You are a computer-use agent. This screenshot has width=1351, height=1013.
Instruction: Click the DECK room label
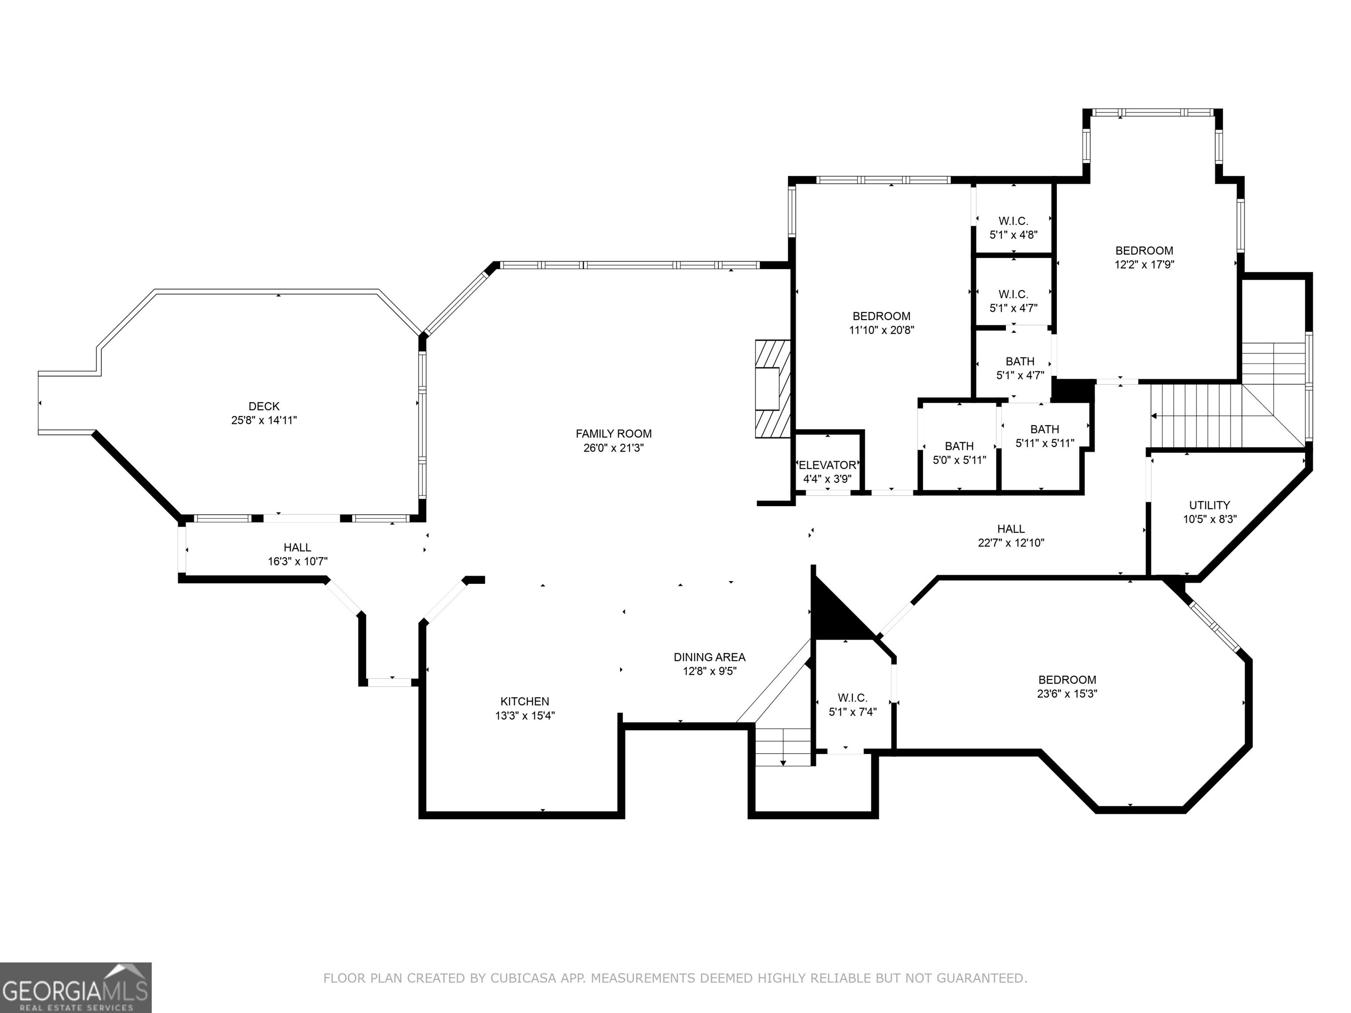click(264, 406)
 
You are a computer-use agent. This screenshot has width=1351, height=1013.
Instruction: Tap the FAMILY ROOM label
click(614, 434)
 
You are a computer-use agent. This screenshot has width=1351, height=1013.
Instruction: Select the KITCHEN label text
click(525, 702)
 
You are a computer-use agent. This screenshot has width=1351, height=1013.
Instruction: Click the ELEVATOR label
click(828, 465)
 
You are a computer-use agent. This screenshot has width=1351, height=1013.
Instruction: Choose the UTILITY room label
click(1209, 505)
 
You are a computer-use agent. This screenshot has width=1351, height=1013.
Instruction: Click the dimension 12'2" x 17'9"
click(1144, 264)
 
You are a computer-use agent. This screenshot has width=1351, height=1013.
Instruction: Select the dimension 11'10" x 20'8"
click(881, 330)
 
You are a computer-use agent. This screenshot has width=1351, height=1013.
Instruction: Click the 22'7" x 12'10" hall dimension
click(1011, 543)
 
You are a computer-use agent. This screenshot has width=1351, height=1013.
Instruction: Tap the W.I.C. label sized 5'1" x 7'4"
click(853, 697)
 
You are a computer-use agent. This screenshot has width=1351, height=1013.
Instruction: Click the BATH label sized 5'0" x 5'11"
click(959, 446)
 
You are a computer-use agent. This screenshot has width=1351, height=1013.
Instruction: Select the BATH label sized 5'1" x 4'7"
click(1020, 361)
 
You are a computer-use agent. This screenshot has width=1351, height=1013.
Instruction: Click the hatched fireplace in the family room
click(773, 389)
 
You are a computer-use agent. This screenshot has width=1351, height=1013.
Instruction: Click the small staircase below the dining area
click(783, 746)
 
